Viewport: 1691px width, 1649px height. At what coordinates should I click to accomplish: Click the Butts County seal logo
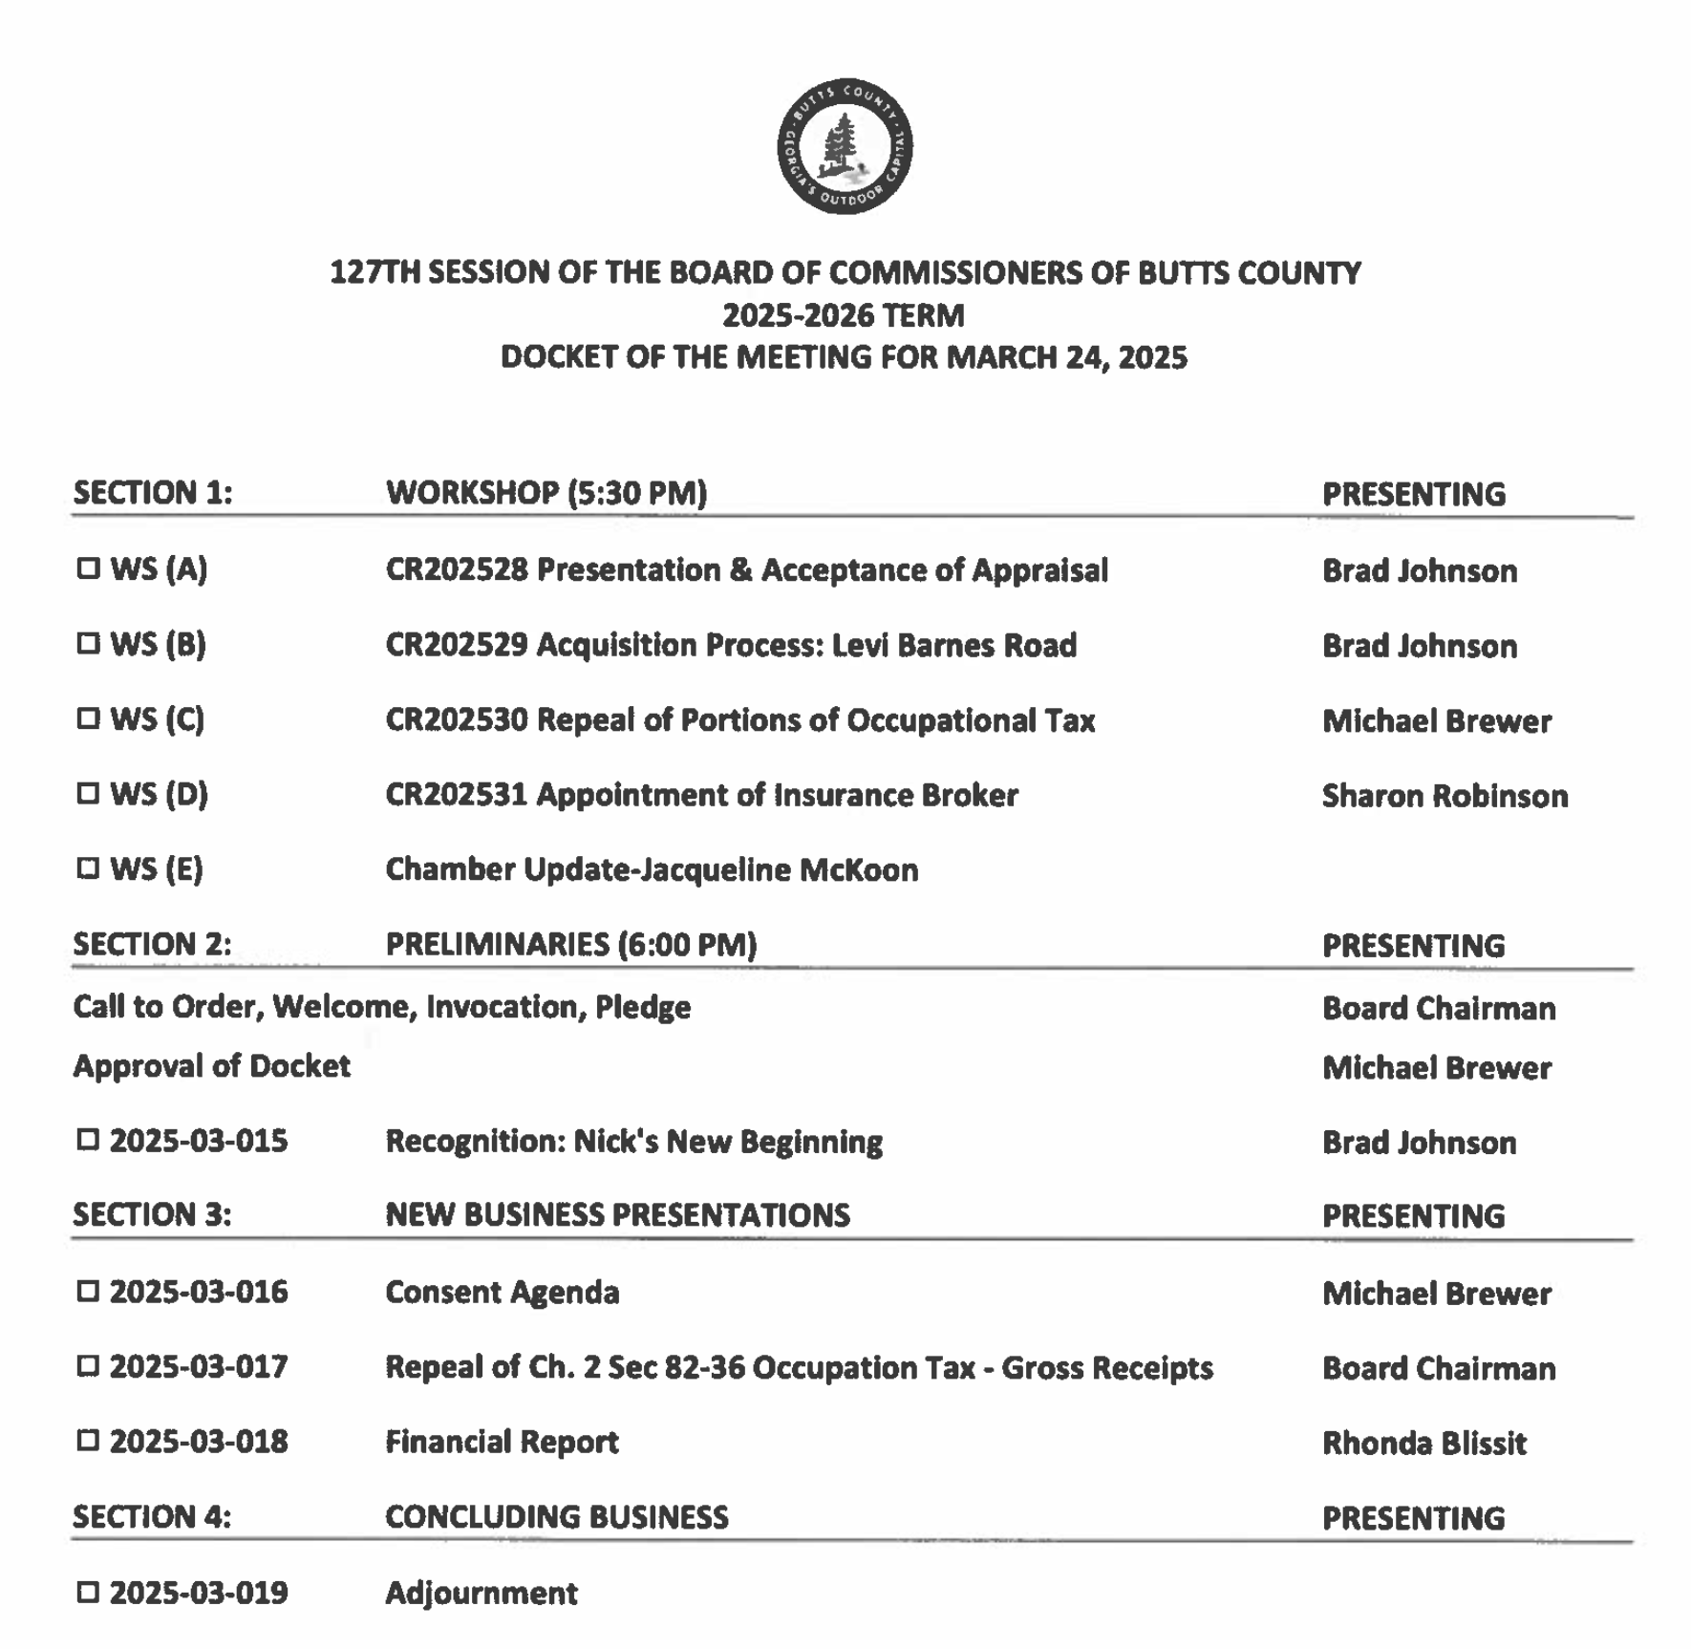845,146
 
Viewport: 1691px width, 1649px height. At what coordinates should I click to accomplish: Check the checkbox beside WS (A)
88,568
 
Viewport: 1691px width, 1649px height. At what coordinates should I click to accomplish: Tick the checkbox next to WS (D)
88,793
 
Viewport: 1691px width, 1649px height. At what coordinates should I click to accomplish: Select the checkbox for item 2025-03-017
88,1366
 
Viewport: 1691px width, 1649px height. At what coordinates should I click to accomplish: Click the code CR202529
457,645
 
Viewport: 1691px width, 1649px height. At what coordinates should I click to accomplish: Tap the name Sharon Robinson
1445,796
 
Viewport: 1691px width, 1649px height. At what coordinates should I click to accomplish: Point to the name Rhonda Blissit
1423,1443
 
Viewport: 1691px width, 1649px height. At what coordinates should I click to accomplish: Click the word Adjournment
482,1593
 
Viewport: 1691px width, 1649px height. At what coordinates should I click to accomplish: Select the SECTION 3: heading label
152,1214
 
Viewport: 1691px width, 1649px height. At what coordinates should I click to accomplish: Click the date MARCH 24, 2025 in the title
1066,357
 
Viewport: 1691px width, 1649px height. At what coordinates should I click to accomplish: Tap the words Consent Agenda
503,1292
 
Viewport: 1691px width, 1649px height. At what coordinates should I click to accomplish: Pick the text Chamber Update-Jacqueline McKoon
652,869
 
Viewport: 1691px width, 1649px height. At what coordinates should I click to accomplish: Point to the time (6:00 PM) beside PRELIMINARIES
687,944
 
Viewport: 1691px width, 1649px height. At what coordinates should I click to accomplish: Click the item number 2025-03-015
199,1141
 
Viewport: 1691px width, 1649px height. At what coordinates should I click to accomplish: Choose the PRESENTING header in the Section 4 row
1413,1518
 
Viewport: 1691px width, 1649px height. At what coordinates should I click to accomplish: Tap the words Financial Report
503,1442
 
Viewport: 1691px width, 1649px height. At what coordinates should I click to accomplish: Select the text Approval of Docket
212,1066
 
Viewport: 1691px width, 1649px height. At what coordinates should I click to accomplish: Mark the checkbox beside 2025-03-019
88,1592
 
